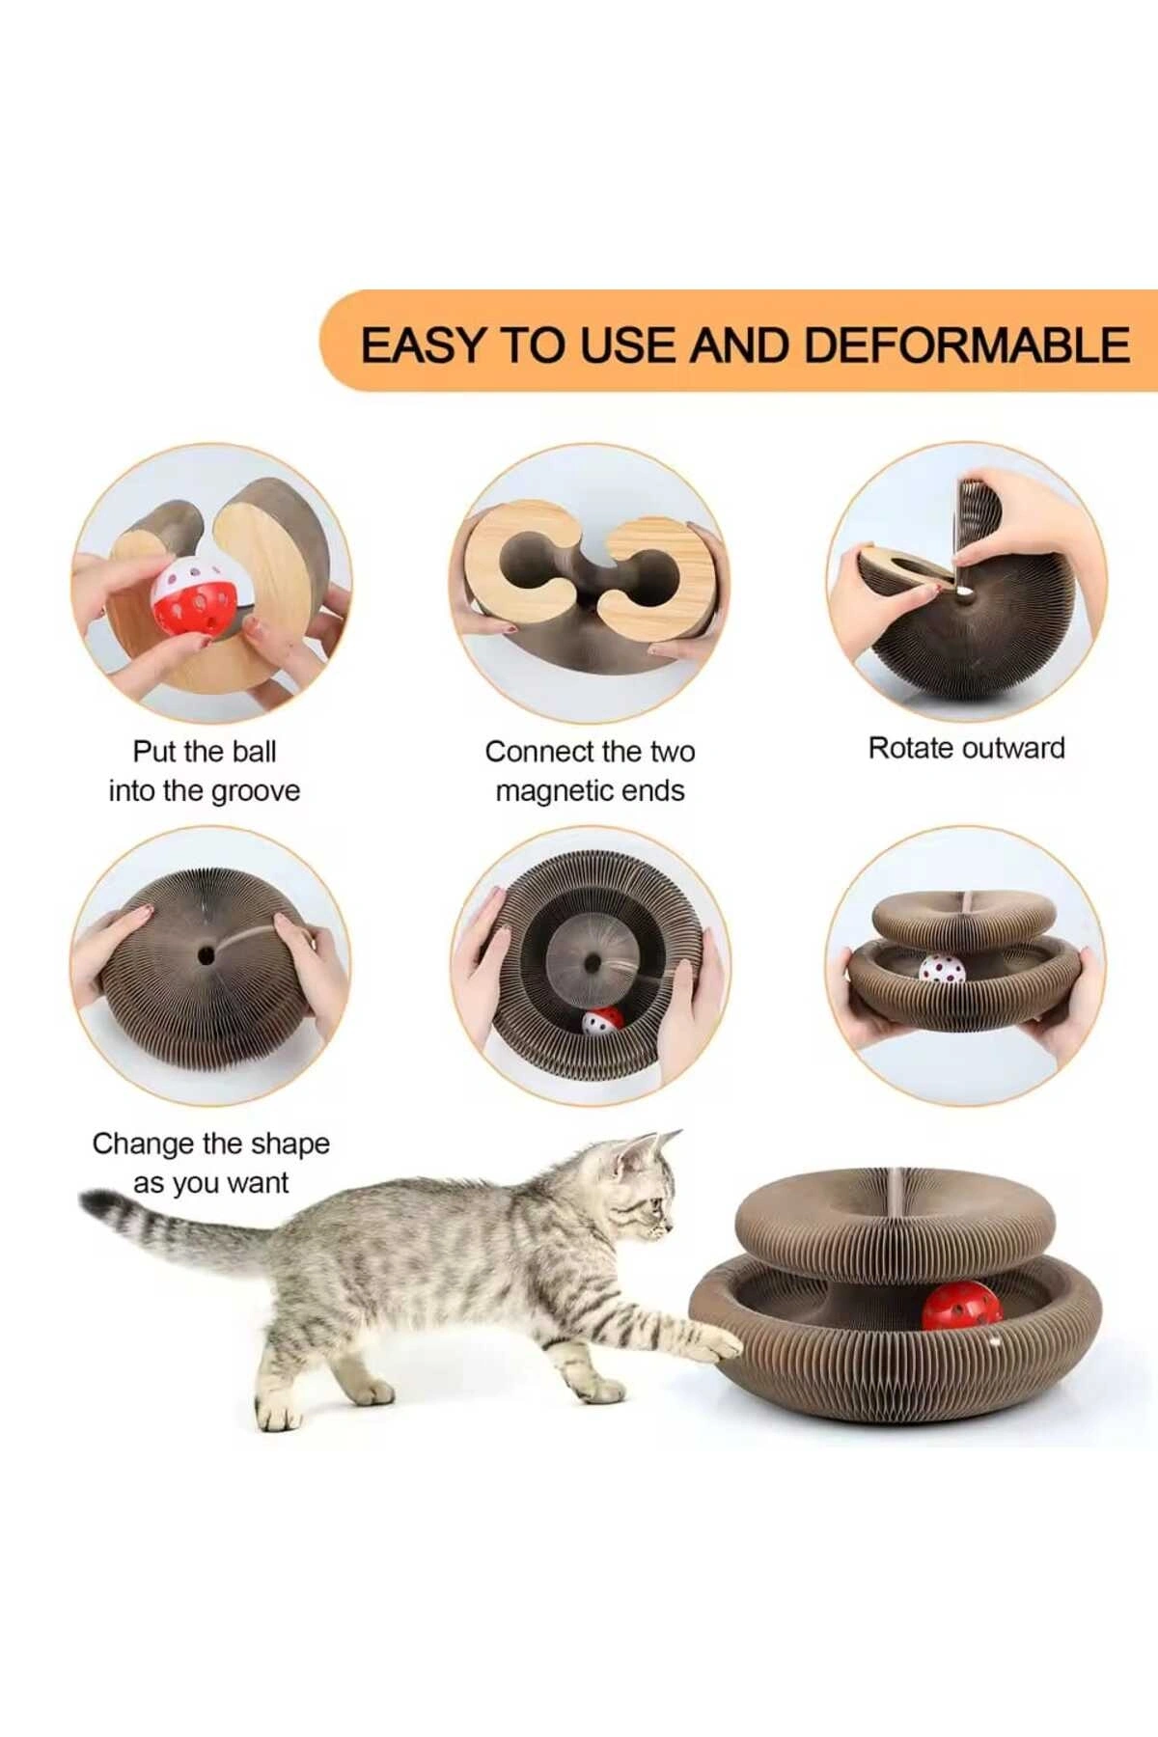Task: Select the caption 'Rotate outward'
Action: (x=966, y=748)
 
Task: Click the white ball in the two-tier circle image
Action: (x=941, y=969)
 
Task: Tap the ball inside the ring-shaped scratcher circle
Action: (x=602, y=1021)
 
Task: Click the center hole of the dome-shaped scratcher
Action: (x=206, y=955)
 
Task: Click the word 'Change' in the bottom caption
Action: (x=143, y=1144)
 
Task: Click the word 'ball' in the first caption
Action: (x=255, y=752)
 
